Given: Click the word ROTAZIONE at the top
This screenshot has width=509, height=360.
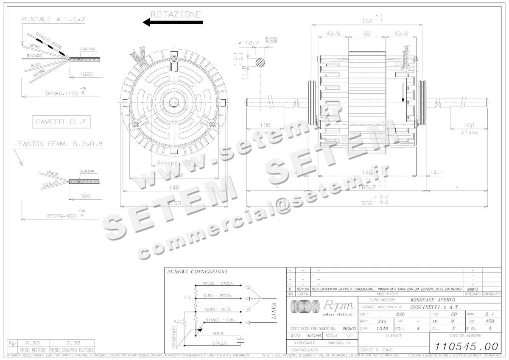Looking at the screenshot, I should [176, 14].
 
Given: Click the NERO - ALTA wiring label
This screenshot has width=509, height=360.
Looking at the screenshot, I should [218, 310].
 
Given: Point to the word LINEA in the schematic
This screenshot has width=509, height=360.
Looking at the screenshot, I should [274, 310].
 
